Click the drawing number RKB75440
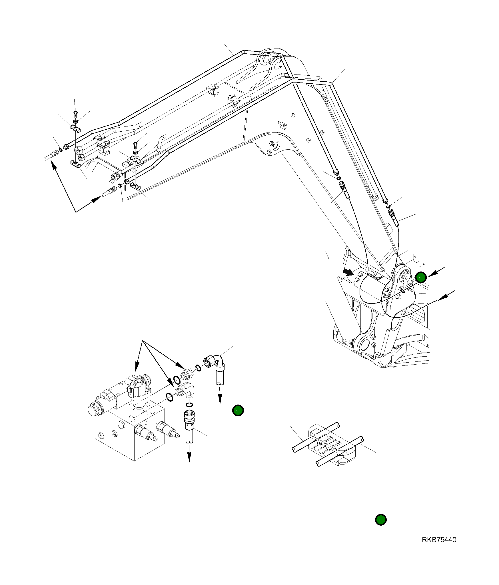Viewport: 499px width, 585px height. click(439, 540)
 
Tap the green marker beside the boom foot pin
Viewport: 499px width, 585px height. click(421, 277)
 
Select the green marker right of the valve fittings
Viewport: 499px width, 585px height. click(238, 411)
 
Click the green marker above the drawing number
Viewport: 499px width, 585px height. click(380, 520)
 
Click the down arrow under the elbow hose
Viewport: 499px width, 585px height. click(220, 397)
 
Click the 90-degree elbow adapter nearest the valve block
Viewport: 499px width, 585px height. click(186, 389)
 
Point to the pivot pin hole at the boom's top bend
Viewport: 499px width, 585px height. click(265, 61)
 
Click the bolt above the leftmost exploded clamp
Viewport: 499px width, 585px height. click(75, 114)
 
